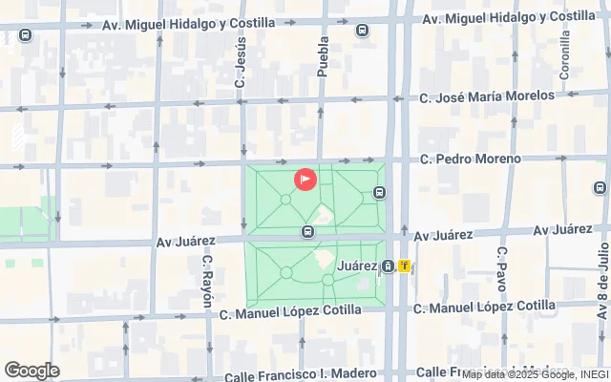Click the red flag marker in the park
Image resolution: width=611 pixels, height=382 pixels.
tap(305, 179)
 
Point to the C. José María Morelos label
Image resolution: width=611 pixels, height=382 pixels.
tap(487, 96)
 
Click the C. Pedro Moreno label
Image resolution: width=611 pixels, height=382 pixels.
tap(471, 159)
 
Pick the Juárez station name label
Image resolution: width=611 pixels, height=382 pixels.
tap(359, 265)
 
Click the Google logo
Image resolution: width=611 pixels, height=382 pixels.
tap(32, 371)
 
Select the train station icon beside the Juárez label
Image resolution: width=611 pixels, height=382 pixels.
tap(388, 265)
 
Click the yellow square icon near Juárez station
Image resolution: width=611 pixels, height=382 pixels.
tap(406, 265)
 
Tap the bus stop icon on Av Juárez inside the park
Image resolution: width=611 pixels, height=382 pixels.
tap(307, 231)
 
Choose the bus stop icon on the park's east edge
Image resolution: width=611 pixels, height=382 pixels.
tap(380, 193)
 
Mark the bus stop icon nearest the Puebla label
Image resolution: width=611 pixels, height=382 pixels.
tap(363, 31)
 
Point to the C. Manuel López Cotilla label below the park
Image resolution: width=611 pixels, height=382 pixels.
tap(290, 310)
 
